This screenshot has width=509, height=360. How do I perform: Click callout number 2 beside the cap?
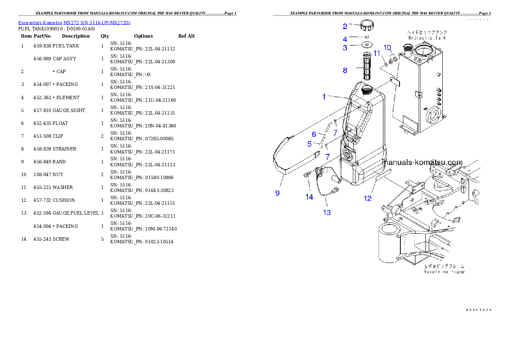click(345, 26)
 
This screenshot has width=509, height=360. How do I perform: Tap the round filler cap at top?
click(367, 25)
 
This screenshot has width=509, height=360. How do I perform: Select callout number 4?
click(345, 39)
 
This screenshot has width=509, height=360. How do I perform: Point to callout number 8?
click(345, 71)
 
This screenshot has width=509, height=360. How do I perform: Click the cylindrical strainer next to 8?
click(367, 65)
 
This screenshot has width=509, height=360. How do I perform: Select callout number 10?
click(387, 47)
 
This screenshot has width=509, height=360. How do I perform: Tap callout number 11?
click(377, 53)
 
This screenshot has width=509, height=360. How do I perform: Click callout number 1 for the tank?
click(324, 97)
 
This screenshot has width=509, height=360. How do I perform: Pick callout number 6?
click(314, 135)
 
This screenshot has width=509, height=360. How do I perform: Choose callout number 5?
click(310, 144)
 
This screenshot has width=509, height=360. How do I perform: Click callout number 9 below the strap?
click(277, 193)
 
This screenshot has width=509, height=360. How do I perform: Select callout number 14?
click(309, 197)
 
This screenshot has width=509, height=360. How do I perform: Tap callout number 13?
click(327, 212)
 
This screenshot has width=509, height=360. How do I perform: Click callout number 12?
click(367, 198)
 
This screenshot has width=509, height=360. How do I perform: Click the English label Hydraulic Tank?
click(427, 38)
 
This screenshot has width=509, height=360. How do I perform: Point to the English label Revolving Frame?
click(444, 271)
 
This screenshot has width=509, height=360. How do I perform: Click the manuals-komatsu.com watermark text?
click(423, 162)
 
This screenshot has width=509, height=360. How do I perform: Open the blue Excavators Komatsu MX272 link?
click(74, 23)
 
